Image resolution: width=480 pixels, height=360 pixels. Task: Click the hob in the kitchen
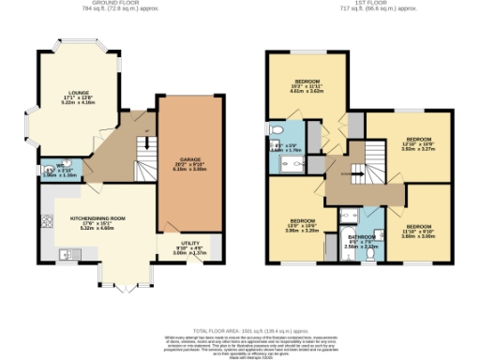[x=46, y=222]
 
